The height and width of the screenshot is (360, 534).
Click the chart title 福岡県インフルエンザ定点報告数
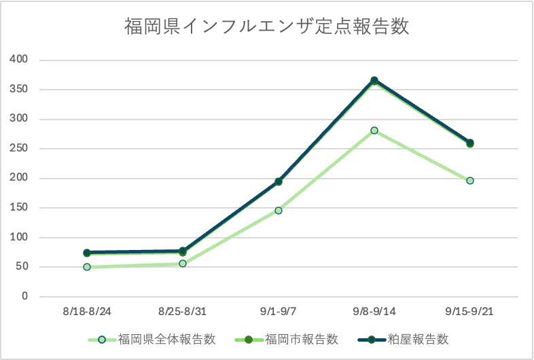(266, 27)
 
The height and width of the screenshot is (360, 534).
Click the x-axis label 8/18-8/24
(86, 312)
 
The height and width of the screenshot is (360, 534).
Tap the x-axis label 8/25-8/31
(182, 312)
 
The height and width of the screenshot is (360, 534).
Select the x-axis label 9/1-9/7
(278, 312)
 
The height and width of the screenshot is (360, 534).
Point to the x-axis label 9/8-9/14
(374, 312)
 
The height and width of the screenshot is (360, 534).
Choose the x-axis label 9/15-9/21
(469, 312)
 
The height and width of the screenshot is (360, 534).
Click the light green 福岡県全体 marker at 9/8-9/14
(374, 130)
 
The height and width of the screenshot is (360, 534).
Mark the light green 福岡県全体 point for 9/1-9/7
(279, 211)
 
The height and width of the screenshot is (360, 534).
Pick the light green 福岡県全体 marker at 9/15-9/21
(470, 181)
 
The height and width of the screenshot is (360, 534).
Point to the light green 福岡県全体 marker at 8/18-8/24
(87, 267)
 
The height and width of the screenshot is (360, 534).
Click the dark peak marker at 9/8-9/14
(374, 81)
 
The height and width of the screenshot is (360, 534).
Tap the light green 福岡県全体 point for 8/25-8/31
(183, 264)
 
